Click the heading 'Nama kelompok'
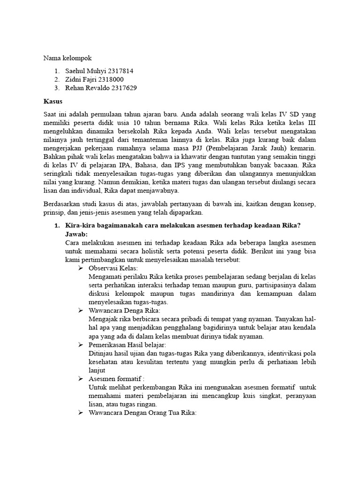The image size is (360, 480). pos(68,58)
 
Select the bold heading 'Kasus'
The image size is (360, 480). pos(53,101)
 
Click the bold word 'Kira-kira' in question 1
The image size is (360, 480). pos(80,225)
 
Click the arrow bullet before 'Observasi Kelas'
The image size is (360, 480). pos(80,268)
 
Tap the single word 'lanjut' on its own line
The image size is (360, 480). pos(97,370)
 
